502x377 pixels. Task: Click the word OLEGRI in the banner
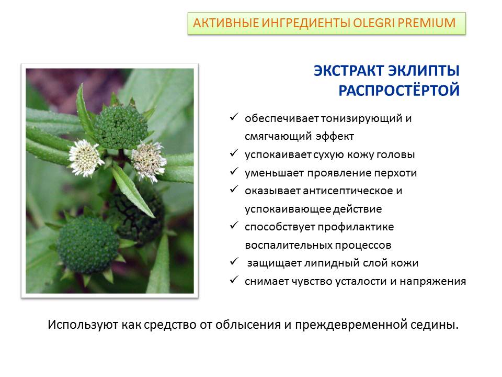click(x=373, y=23)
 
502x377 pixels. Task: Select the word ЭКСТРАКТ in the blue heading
click(x=349, y=71)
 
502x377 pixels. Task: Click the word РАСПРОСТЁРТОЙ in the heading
click(x=399, y=91)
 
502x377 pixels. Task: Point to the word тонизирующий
click(x=361, y=119)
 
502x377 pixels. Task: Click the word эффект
click(x=335, y=136)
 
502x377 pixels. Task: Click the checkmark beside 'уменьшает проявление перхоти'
click(x=234, y=171)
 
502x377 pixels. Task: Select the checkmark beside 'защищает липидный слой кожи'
click(x=234, y=262)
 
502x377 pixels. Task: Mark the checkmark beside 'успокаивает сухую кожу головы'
click(x=234, y=153)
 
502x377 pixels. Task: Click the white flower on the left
click(x=85, y=158)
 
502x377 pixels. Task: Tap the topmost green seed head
click(x=121, y=126)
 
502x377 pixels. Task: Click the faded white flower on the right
click(x=149, y=161)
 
